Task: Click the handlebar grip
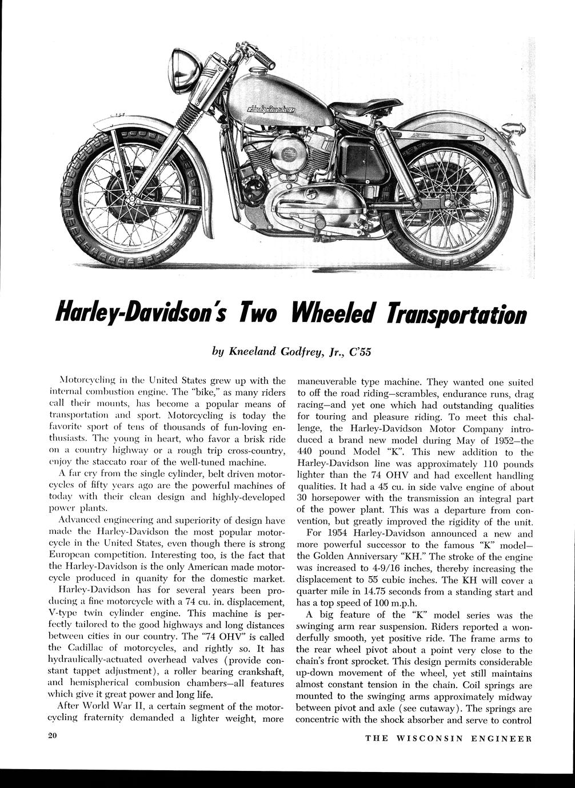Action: (x=264, y=59)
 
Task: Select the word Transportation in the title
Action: (x=456, y=313)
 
